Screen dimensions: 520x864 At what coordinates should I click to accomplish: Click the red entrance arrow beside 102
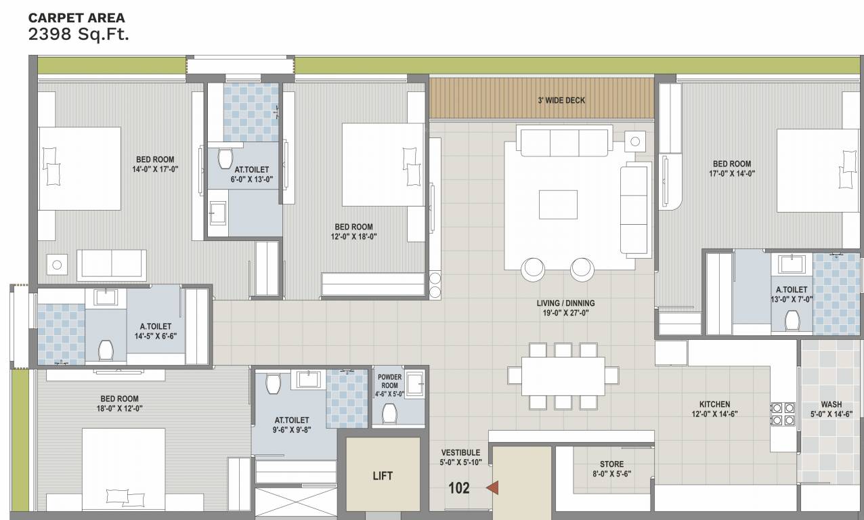[493, 487]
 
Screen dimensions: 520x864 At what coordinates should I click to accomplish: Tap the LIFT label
[383, 476]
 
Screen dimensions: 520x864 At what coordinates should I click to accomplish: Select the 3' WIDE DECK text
[561, 100]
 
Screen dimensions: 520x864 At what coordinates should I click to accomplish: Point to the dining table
[563, 376]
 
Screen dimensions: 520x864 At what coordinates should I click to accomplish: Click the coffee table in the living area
[558, 204]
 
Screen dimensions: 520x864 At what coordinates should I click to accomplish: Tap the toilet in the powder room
[389, 413]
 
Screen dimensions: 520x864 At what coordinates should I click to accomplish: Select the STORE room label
[611, 464]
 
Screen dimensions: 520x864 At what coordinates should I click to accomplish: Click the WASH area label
[831, 404]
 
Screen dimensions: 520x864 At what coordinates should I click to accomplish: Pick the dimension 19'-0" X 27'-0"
[565, 313]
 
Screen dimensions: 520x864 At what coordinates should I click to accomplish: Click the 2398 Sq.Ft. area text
[79, 35]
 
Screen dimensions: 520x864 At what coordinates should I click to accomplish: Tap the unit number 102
[459, 487]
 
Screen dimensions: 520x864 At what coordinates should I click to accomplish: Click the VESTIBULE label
[460, 452]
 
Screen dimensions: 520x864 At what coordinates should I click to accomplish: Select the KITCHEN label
[714, 404]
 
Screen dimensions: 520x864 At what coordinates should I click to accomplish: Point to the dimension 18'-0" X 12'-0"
[121, 408]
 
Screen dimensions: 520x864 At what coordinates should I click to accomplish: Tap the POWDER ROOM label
[389, 381]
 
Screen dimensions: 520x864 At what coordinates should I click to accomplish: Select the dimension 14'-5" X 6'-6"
[155, 336]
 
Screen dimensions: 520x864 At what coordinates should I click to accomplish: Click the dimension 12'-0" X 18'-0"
[353, 236]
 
